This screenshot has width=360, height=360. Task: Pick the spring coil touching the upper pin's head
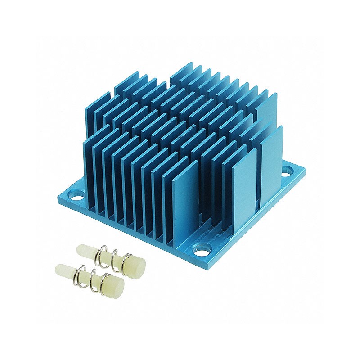click(126, 258)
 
